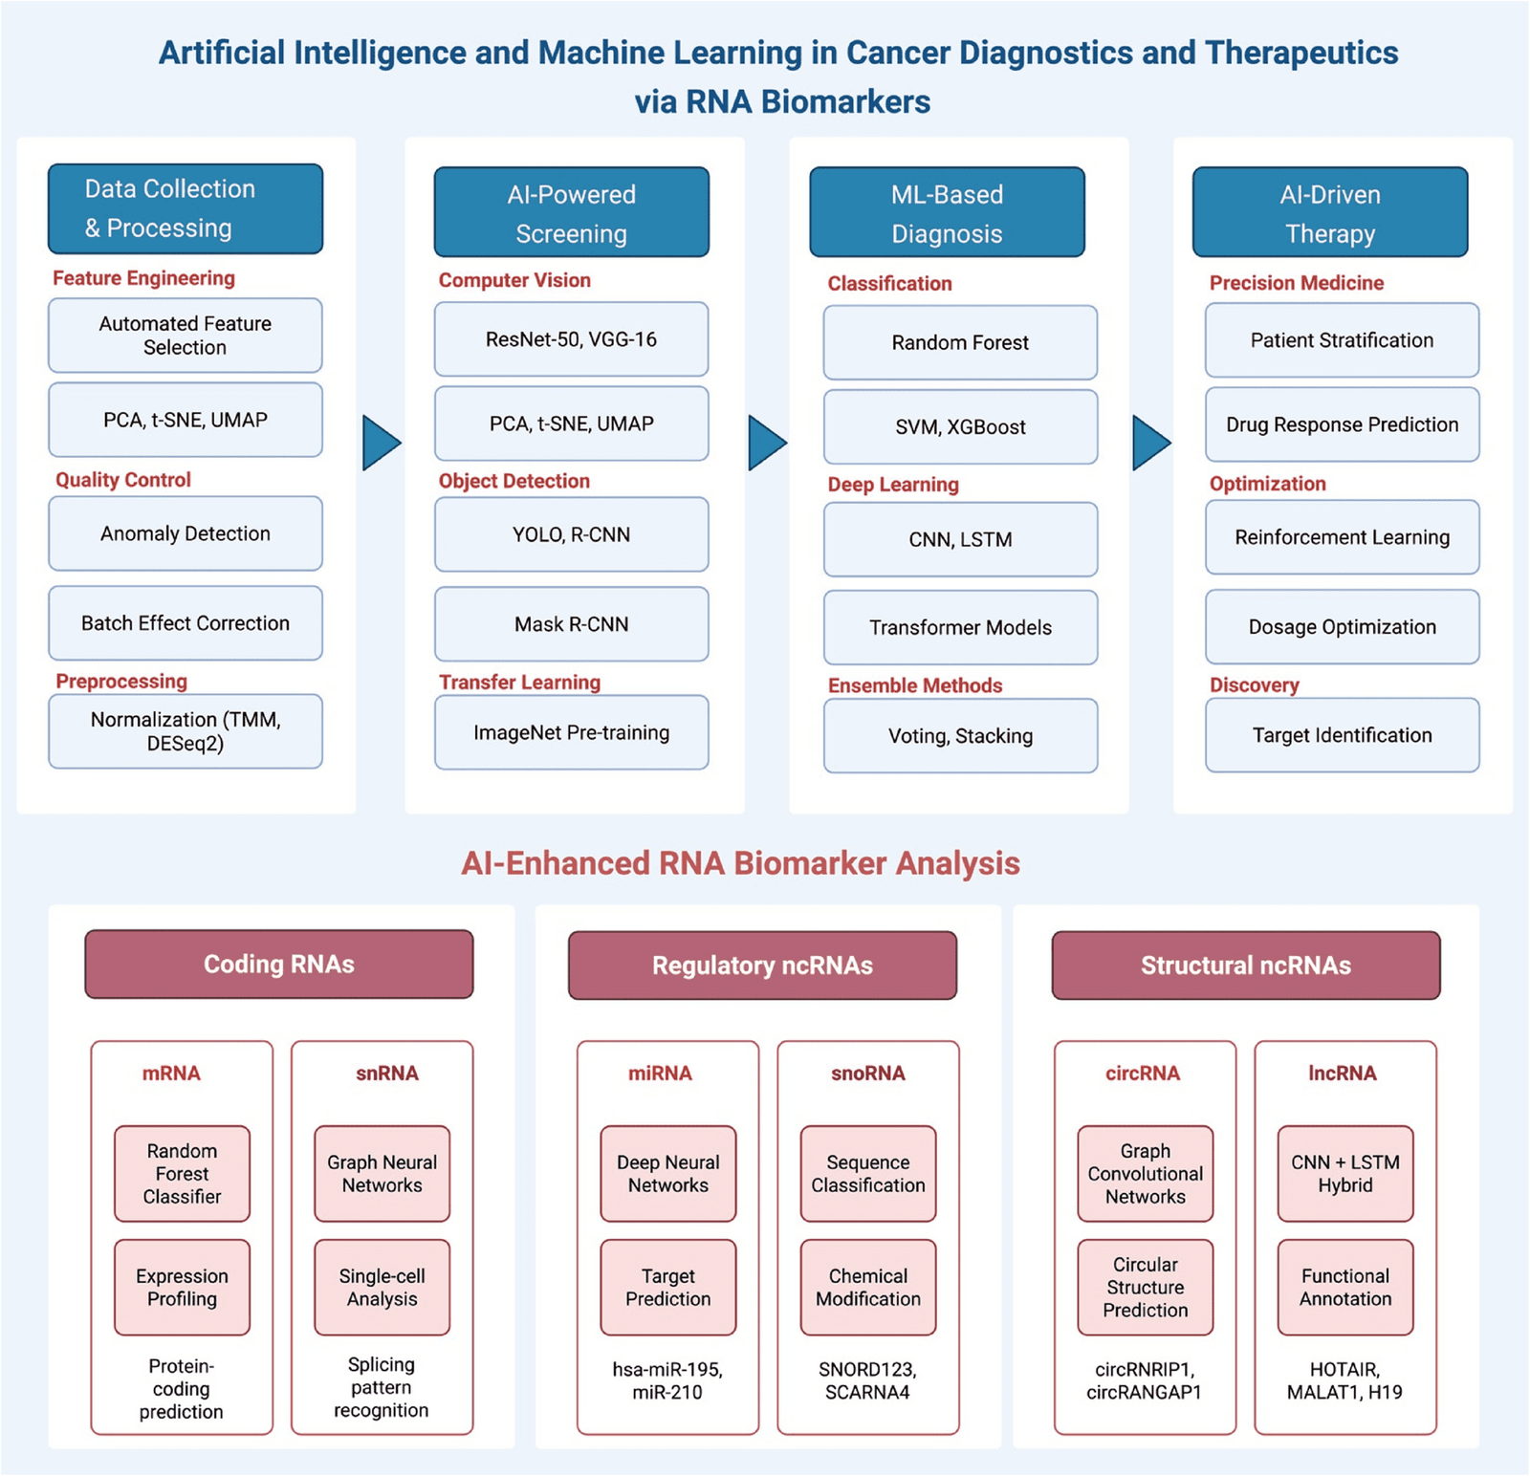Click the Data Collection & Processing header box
186,208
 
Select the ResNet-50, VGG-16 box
571,339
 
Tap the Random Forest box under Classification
960,342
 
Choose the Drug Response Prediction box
1342,424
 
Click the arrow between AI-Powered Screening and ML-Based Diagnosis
767,443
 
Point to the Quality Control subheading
123,480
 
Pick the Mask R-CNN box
571,624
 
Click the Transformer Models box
960,627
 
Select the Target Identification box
1342,735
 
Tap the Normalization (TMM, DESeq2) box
186,731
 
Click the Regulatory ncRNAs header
762,966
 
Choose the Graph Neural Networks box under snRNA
382,1174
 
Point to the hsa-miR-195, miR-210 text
667,1380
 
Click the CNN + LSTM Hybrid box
1344,1174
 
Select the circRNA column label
1143,1074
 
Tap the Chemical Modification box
867,1288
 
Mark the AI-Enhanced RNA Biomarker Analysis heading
740,863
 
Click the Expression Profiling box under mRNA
182,1288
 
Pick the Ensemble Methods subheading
915,685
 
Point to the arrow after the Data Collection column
381,443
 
